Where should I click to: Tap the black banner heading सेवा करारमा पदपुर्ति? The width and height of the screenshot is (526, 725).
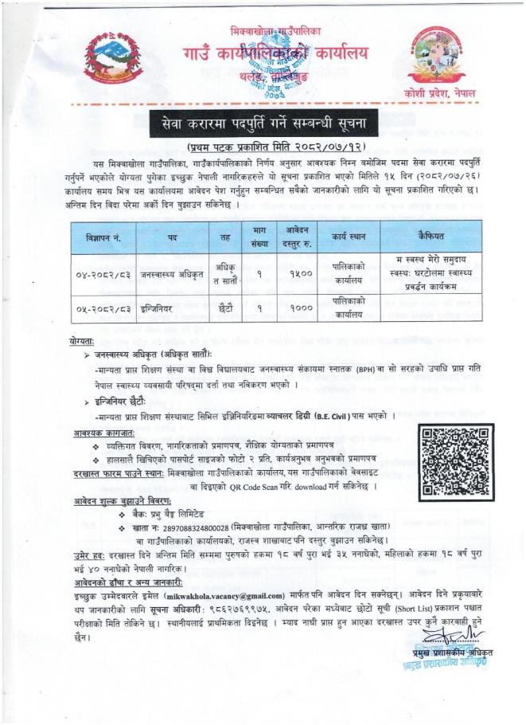click(262, 123)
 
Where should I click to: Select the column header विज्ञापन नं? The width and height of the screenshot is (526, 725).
click(103, 237)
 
